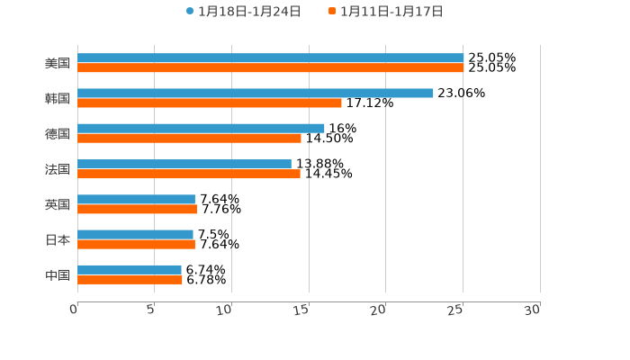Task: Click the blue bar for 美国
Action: tap(270, 58)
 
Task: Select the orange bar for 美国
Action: tap(270, 67)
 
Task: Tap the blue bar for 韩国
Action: tap(256, 93)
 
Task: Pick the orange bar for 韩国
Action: tap(210, 103)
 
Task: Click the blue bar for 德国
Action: tap(201, 128)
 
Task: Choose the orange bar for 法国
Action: tap(189, 174)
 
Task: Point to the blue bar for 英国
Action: tap(136, 199)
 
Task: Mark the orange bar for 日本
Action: tap(136, 244)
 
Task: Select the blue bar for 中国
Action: tap(130, 269)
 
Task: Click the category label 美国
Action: tap(58, 63)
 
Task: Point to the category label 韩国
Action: tap(58, 98)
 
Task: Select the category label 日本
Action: tap(58, 239)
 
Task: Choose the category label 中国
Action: tap(58, 274)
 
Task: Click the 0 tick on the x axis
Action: tap(74, 310)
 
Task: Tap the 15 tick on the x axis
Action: tap(302, 310)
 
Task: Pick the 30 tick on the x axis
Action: tap(533, 310)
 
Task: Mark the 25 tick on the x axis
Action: tap(456, 310)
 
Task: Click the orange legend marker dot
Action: tap(332, 12)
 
